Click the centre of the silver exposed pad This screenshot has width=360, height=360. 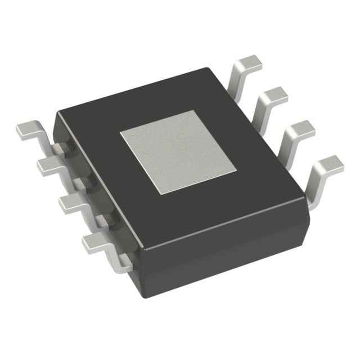click(178, 152)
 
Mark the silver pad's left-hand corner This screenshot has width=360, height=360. click(120, 134)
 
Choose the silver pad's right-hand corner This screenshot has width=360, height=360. click(236, 168)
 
